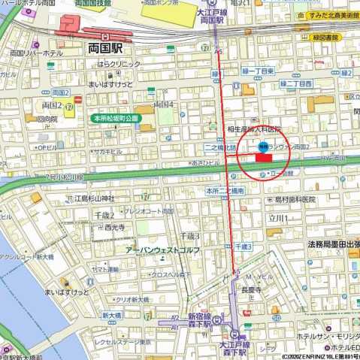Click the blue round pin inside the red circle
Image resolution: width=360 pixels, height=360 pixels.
tap(263, 146)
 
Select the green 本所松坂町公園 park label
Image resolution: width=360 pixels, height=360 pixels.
tap(116, 119)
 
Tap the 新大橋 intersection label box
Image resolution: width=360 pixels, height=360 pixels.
tap(111, 294)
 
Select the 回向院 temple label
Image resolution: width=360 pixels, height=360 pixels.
tap(47, 119)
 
